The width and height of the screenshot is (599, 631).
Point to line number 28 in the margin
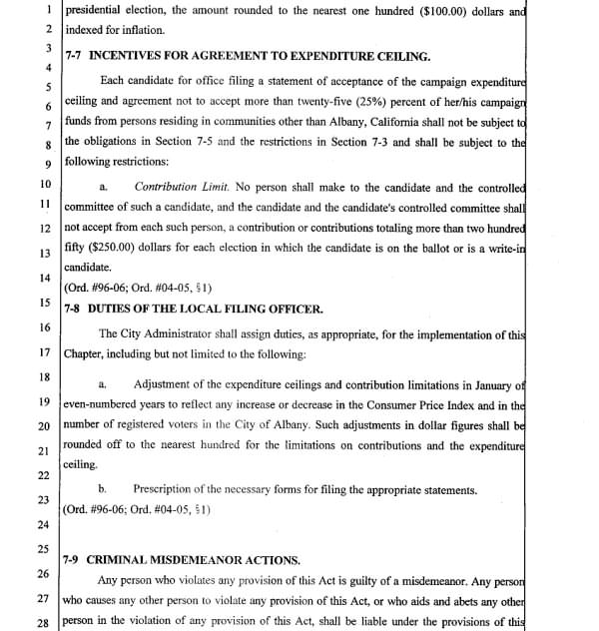click(44, 621)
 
